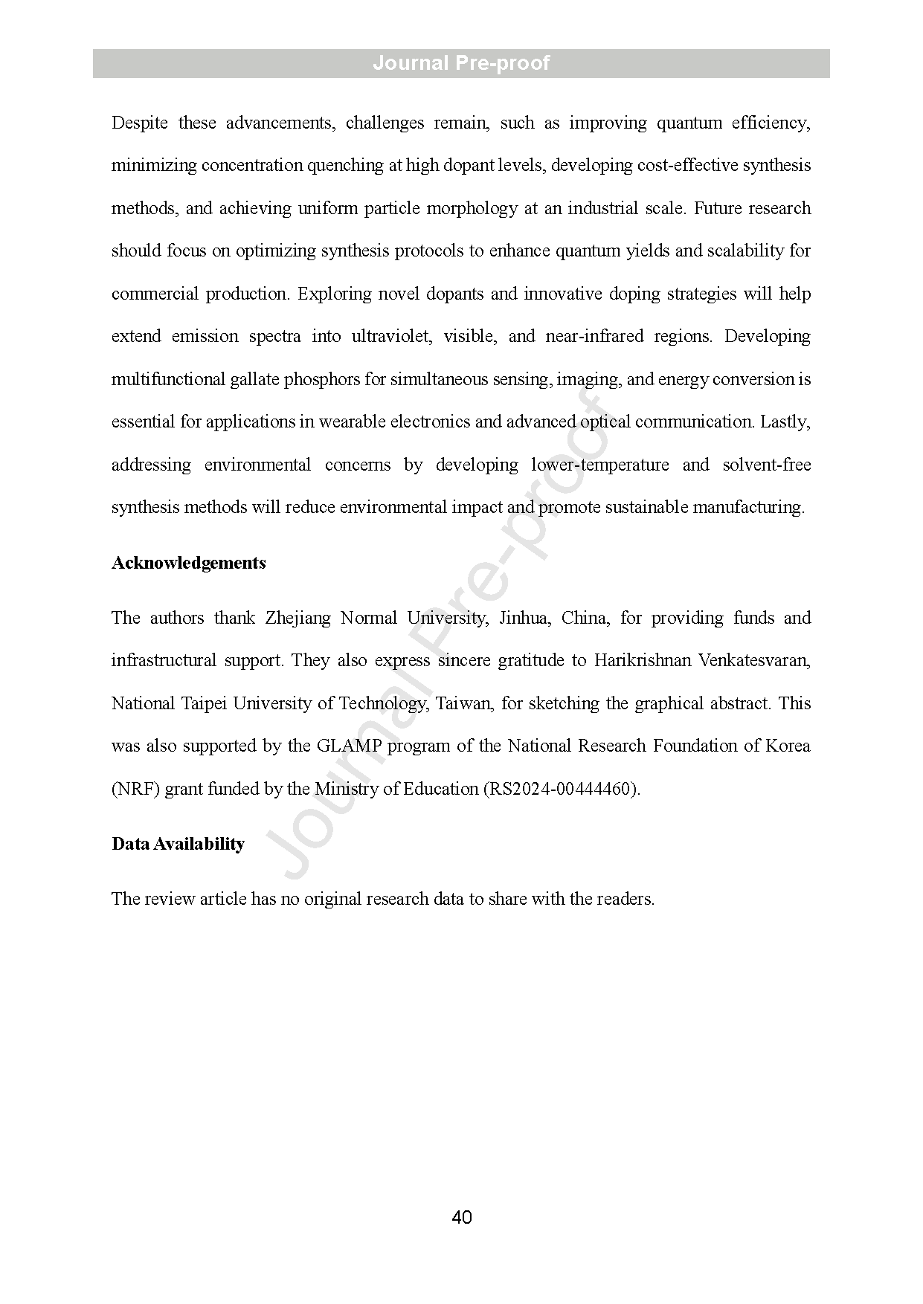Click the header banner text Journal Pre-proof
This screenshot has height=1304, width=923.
(461, 63)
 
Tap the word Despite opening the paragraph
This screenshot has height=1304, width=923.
(140, 123)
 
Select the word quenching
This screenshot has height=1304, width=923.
(347, 165)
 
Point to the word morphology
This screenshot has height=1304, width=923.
(472, 208)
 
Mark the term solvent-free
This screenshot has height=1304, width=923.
(766, 465)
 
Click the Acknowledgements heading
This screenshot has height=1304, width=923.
(189, 563)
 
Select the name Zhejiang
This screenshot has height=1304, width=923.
(298, 618)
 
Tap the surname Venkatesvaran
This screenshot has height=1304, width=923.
(754, 660)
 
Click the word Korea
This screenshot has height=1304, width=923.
(787, 746)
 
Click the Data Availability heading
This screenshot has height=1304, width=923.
(178, 844)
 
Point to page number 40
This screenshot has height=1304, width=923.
(461, 1217)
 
